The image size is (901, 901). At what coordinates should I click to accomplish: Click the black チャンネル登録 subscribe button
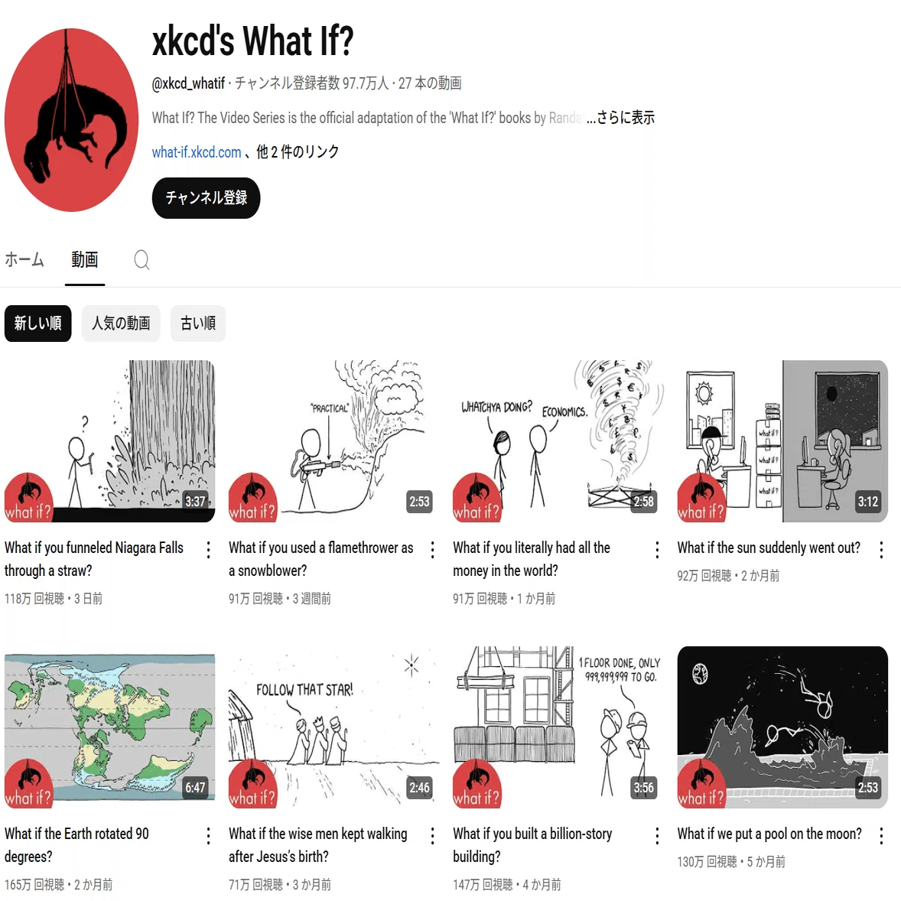tap(206, 198)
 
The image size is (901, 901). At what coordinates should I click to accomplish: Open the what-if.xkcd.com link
tap(197, 152)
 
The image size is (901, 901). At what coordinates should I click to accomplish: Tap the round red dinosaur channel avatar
tap(71, 120)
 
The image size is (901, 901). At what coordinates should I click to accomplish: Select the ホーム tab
tap(24, 260)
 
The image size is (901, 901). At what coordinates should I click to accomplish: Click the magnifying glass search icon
tap(142, 260)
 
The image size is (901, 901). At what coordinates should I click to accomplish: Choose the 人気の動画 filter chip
tap(121, 324)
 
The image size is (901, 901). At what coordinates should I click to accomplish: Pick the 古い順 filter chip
tap(198, 324)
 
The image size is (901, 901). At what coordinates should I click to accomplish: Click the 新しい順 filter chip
tap(38, 324)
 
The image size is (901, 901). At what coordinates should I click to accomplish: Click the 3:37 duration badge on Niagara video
tap(195, 502)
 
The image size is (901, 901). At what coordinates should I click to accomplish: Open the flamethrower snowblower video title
tap(320, 559)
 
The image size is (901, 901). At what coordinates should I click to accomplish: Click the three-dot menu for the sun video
tap(881, 550)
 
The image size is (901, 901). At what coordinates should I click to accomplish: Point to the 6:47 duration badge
tap(195, 787)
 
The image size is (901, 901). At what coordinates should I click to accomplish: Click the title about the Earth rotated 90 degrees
tap(76, 844)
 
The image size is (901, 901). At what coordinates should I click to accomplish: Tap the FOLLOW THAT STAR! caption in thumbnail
tap(304, 690)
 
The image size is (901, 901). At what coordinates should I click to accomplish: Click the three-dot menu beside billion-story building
tap(657, 836)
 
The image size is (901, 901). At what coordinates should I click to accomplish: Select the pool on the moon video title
tap(769, 834)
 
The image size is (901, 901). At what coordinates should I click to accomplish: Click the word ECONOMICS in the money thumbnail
tap(565, 412)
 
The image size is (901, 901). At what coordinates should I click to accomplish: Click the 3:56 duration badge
tap(643, 787)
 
